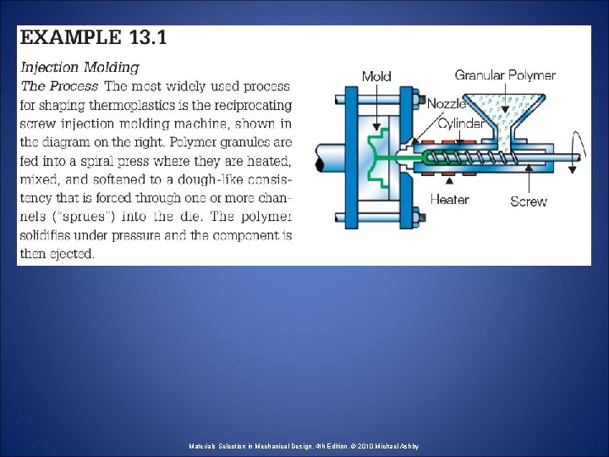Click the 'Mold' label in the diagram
click(x=376, y=76)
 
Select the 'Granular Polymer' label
click(x=505, y=74)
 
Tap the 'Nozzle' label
click(x=447, y=103)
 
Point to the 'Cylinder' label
click(x=460, y=124)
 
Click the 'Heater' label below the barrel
click(x=450, y=200)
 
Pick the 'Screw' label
click(x=529, y=201)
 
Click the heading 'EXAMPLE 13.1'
click(x=93, y=38)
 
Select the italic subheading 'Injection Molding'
click(x=80, y=67)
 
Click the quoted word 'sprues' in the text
click(x=81, y=216)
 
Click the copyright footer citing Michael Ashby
click(x=304, y=446)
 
